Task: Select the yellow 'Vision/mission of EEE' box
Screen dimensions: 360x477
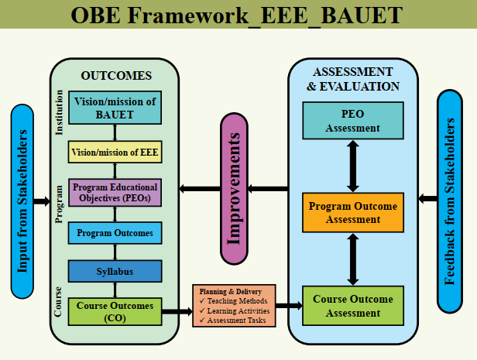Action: [x=115, y=153]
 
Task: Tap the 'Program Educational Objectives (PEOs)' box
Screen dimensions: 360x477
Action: [x=115, y=193]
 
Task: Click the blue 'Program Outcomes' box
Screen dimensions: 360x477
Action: [x=115, y=232]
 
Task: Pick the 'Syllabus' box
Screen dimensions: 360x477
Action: [x=115, y=271]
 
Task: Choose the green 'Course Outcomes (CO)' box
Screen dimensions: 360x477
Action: [x=115, y=312]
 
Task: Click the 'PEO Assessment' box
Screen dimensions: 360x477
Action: [x=352, y=121]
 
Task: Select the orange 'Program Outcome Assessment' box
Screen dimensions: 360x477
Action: [x=352, y=212]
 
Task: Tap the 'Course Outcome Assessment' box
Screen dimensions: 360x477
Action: [x=352, y=306]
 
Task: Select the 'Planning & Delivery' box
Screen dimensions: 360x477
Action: [x=233, y=306]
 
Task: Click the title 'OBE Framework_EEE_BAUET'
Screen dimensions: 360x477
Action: [x=238, y=15]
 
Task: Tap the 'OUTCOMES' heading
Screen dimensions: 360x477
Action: [x=116, y=75]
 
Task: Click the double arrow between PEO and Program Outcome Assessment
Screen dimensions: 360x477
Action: [x=353, y=166]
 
